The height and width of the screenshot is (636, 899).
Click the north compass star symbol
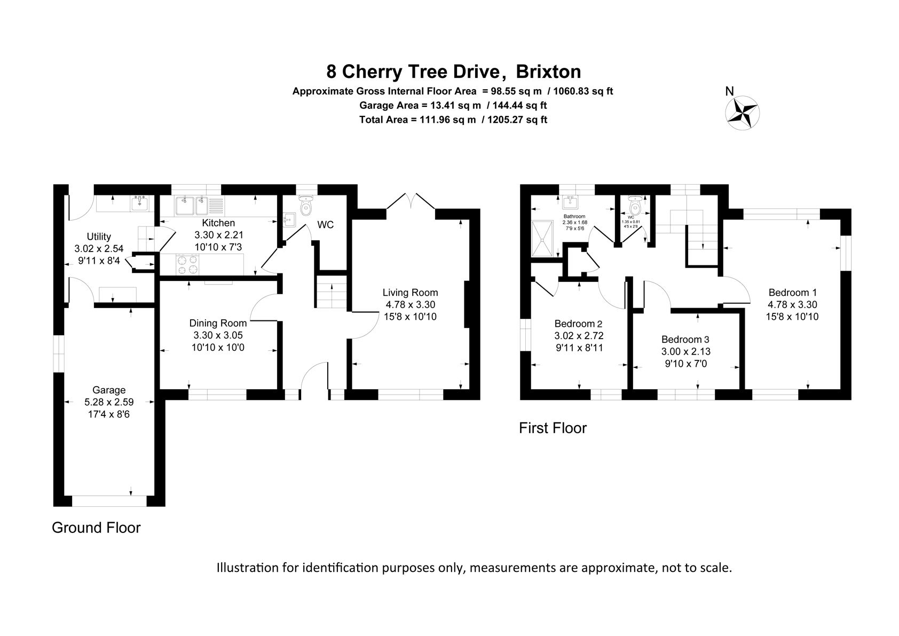tap(742, 113)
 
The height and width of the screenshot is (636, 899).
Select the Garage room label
tap(109, 390)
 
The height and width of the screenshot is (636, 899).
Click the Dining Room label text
tap(218, 323)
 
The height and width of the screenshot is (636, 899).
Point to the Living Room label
tap(410, 293)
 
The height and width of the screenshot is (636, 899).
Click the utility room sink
tap(141, 203)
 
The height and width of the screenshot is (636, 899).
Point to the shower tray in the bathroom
tap(543, 240)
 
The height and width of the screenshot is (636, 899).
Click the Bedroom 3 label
tap(685, 340)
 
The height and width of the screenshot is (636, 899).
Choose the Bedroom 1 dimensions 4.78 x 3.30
tap(792, 305)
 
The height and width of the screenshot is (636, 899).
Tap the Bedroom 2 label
tap(578, 324)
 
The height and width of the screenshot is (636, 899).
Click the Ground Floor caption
tap(96, 528)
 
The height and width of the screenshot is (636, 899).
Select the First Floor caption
tap(553, 428)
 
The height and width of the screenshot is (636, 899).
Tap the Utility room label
tap(99, 237)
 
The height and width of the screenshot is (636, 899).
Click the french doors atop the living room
tap(411, 201)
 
